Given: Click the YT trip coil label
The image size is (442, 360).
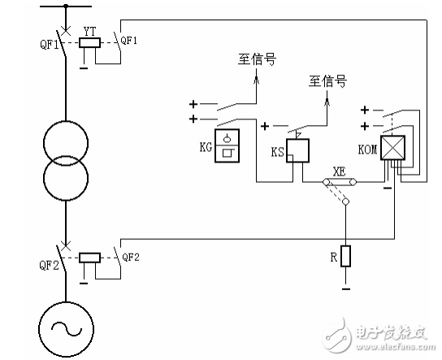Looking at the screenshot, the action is pyautogui.click(x=90, y=32).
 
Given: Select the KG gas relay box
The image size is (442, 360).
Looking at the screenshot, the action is pyautogui.click(x=227, y=145).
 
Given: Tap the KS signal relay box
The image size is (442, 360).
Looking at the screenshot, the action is pyautogui.click(x=297, y=150).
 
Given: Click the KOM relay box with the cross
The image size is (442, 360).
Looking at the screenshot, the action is pyautogui.click(x=392, y=147).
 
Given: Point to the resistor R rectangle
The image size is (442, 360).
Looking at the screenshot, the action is pyautogui.click(x=345, y=256).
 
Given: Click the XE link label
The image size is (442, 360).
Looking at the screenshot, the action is pyautogui.click(x=339, y=171).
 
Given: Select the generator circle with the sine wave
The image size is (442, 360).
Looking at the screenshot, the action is pyautogui.click(x=66, y=329).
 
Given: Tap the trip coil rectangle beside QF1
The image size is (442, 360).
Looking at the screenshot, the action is pyautogui.click(x=89, y=42).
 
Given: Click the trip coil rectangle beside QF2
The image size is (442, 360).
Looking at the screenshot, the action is pyautogui.click(x=89, y=258).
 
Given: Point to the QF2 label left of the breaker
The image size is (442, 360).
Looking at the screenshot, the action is pyautogui.click(x=49, y=265).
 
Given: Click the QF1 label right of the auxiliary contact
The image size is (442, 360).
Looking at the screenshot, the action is pyautogui.click(x=129, y=41).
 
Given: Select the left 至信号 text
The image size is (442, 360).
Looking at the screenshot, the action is pyautogui.click(x=257, y=59).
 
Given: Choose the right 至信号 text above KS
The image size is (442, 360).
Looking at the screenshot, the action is pyautogui.click(x=327, y=81).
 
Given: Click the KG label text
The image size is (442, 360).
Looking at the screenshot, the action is pyautogui.click(x=206, y=147).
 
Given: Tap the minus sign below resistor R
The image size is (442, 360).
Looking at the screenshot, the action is pyautogui.click(x=346, y=289).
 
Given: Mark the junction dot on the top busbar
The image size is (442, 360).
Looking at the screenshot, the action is pyautogui.click(x=66, y=6).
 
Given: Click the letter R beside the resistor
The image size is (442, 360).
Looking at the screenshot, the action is pyautogui.click(x=334, y=257).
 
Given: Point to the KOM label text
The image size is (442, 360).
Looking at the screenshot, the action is pyautogui.click(x=367, y=150).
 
